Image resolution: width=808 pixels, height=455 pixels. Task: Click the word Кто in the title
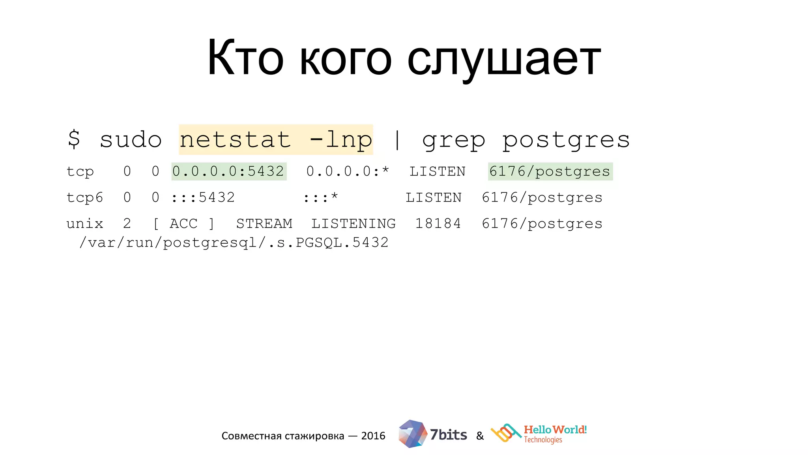(x=245, y=58)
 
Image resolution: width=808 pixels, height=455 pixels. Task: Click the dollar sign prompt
(x=74, y=139)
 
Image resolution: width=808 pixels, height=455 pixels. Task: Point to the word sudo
(x=131, y=140)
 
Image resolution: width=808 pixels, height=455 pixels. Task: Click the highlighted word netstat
(x=235, y=140)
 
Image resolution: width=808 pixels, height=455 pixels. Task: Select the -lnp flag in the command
(x=341, y=140)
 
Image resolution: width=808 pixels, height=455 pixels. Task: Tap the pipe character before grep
(x=397, y=140)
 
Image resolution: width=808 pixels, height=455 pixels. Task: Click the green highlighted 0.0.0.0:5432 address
(x=228, y=171)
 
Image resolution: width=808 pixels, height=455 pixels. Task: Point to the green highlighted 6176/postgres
(x=550, y=171)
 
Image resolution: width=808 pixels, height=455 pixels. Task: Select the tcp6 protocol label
(x=84, y=197)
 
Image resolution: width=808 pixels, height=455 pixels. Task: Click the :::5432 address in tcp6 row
(x=203, y=197)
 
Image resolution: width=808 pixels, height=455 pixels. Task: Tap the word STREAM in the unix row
(x=264, y=224)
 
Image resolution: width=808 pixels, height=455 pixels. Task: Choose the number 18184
(x=438, y=224)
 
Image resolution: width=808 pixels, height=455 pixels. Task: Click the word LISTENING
(x=353, y=224)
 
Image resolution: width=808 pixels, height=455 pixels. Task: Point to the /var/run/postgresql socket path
(x=234, y=243)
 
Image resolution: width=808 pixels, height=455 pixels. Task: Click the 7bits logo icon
(x=412, y=434)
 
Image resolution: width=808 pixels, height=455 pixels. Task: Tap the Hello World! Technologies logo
(x=539, y=434)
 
